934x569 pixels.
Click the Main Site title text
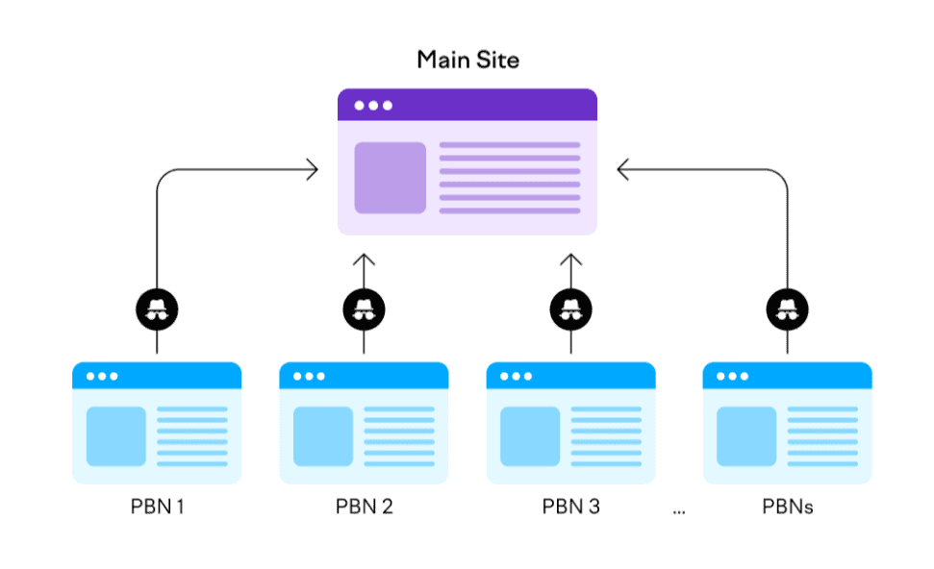click(467, 60)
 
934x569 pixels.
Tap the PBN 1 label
click(157, 507)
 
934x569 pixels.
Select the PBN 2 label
click(364, 507)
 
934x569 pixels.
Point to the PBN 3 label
click(570, 507)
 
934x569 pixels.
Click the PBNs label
click(787, 507)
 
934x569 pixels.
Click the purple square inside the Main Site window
click(390, 178)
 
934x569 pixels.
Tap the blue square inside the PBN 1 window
click(116, 436)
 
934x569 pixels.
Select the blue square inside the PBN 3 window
click(530, 436)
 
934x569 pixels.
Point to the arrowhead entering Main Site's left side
click(312, 170)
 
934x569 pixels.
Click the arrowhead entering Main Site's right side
click(623, 170)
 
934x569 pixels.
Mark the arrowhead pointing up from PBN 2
click(364, 260)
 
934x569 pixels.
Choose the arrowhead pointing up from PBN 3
click(570, 260)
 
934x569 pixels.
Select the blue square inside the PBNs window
click(746, 436)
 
